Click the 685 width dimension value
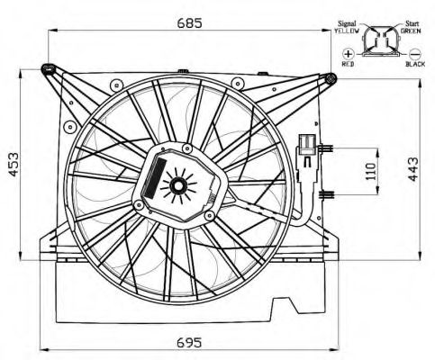click(x=189, y=22)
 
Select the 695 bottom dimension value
click(x=189, y=342)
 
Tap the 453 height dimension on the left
click(x=14, y=165)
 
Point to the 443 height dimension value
click(x=412, y=169)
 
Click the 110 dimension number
click(x=371, y=171)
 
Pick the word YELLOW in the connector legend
click(x=347, y=31)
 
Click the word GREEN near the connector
click(x=411, y=31)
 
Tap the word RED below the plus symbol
click(x=349, y=64)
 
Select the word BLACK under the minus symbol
click(x=415, y=64)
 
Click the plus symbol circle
click(x=349, y=54)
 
